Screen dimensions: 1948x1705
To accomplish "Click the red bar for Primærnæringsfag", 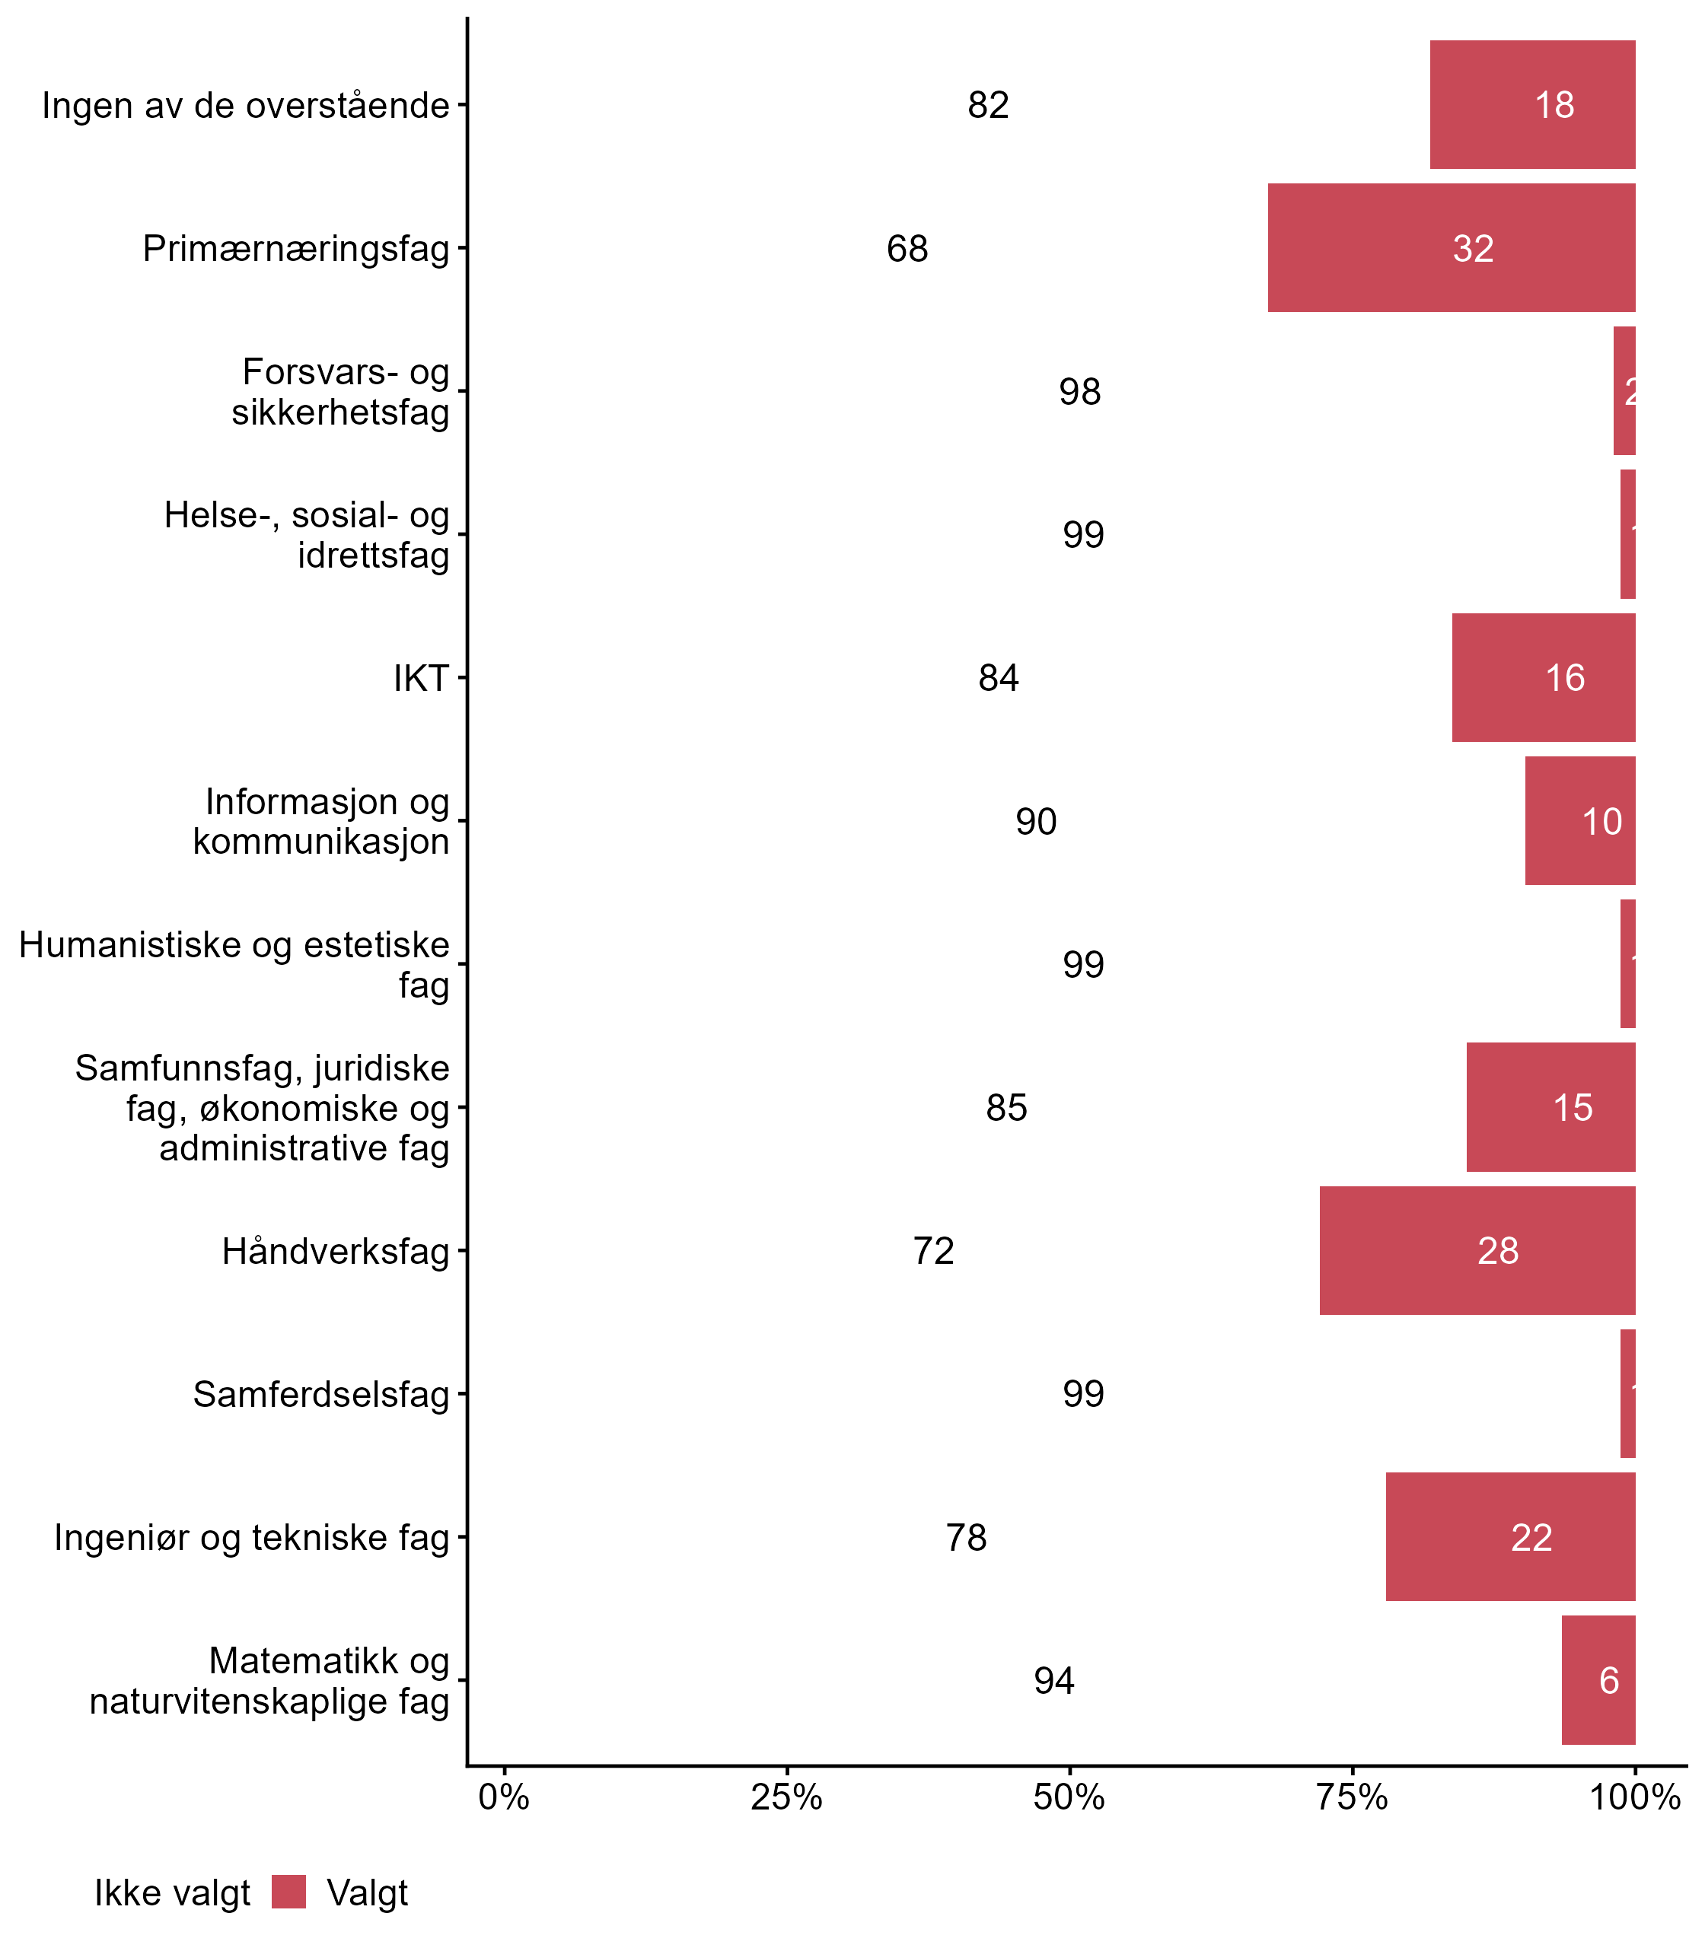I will pos(1451,247).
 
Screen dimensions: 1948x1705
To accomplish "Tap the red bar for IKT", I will pos(1544,677).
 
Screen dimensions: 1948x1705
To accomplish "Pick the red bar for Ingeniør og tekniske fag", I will pos(1510,1536).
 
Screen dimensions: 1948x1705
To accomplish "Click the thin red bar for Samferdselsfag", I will pos(1628,1393).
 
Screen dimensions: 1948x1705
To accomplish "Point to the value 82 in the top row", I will pos(988,105).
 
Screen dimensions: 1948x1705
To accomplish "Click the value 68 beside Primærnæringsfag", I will pos(907,248).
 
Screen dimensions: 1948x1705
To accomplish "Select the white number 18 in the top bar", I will pos(1554,105).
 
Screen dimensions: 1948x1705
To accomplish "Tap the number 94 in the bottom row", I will pos(1054,1681).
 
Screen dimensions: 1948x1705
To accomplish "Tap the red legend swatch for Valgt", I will pos(288,1892).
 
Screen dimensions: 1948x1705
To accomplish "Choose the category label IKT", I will pos(420,678).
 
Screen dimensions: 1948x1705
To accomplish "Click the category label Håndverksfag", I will pos(335,1251).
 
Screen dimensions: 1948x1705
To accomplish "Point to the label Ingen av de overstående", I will pos(244,105).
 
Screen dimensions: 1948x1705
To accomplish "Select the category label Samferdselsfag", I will pos(320,1394).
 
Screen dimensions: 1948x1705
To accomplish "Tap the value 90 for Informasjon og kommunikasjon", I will pos(1035,821).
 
